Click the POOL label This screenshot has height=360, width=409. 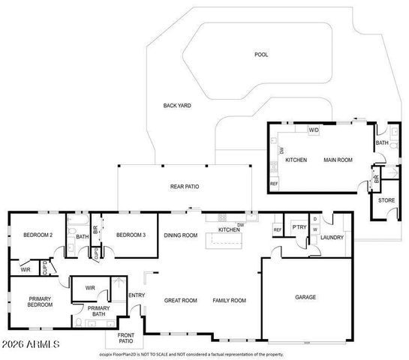click(261, 55)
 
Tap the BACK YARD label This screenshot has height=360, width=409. click(177, 106)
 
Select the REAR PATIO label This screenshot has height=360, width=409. click(184, 186)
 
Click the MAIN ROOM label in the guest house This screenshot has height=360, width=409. click(338, 160)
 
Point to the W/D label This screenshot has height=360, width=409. click(314, 130)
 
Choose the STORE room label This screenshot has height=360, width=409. click(386, 200)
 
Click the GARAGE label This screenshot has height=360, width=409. click(305, 297)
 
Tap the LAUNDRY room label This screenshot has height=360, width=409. click(331, 238)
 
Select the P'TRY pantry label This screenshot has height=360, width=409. click(299, 228)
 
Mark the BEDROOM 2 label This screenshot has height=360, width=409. click(38, 235)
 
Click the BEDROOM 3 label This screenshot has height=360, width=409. click(130, 235)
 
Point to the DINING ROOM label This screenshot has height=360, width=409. click(181, 235)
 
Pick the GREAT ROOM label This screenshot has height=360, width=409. click(180, 300)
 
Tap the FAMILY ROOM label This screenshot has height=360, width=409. click(229, 300)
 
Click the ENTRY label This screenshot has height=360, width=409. click(137, 295)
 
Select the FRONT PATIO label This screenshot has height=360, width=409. click(125, 338)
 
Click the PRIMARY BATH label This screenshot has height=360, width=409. click(99, 311)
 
